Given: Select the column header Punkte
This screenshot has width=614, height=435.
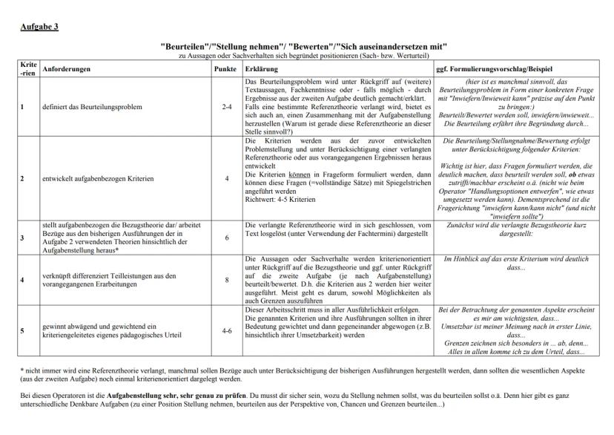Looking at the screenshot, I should (x=225, y=69).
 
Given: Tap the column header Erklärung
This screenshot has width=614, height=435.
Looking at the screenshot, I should (x=263, y=69).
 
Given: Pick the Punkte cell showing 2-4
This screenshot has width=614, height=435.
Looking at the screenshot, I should (x=226, y=107).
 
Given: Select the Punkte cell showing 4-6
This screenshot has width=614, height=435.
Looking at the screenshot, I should (x=226, y=330).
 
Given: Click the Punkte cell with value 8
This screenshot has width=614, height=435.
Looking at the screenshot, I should (x=226, y=281).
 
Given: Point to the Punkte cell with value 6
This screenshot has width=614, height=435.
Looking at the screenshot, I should (x=226, y=238).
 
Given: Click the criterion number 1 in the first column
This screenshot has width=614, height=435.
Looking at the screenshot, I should (x=22, y=107).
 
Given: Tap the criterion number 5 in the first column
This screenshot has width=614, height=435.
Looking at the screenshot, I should (x=22, y=330).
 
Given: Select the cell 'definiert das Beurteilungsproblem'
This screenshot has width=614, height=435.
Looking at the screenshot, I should (x=88, y=107).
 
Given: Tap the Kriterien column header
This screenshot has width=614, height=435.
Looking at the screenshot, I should (x=27, y=68).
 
